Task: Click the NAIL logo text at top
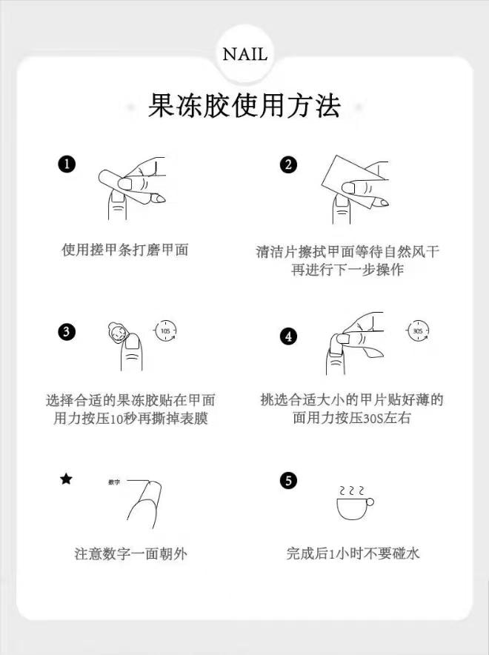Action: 245,55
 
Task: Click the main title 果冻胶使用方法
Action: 245,106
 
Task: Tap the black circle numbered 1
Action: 67,164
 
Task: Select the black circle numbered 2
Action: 289,164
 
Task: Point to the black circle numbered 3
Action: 67,331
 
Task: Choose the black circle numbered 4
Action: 289,336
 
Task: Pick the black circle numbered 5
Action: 289,481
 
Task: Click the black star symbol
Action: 67,479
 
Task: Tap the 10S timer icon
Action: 166,330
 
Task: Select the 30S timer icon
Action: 418,330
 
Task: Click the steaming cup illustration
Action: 353,505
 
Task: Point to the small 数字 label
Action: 114,482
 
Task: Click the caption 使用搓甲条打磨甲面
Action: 124,250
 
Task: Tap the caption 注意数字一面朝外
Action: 130,553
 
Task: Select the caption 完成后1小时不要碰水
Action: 353,553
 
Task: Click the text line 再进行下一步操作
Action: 347,270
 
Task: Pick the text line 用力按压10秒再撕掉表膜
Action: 130,419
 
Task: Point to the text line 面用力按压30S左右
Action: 352,419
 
